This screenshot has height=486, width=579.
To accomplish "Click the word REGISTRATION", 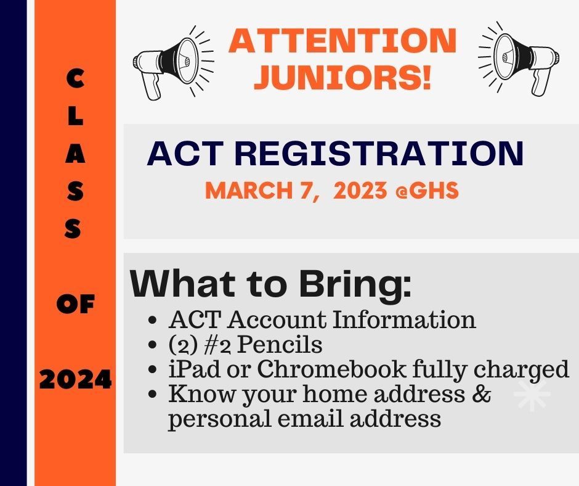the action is tap(379, 153).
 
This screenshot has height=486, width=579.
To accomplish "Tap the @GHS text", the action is tap(427, 191).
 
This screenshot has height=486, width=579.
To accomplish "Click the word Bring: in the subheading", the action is tap(355, 285).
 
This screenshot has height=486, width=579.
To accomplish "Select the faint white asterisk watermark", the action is tap(532, 395).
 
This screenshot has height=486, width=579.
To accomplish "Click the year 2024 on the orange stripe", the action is tap(75, 379).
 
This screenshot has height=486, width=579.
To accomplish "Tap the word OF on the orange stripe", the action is tap(76, 305).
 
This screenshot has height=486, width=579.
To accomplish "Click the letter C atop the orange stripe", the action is tap(76, 79).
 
